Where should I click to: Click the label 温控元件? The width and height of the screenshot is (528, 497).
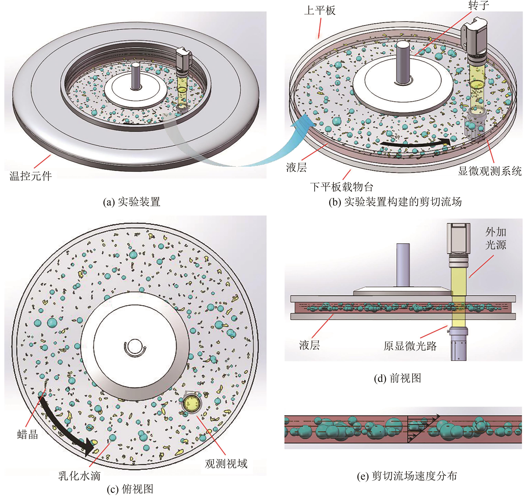31,176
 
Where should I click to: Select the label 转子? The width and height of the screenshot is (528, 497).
479,5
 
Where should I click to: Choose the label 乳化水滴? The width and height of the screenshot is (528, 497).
79,476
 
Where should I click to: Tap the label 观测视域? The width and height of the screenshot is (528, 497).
226,463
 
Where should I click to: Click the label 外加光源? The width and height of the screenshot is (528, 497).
496,238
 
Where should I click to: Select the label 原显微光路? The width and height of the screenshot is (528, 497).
410,346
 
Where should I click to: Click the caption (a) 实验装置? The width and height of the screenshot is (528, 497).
132,202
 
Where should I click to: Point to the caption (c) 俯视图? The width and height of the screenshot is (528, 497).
130,489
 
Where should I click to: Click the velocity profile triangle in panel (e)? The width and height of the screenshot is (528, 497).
420,428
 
